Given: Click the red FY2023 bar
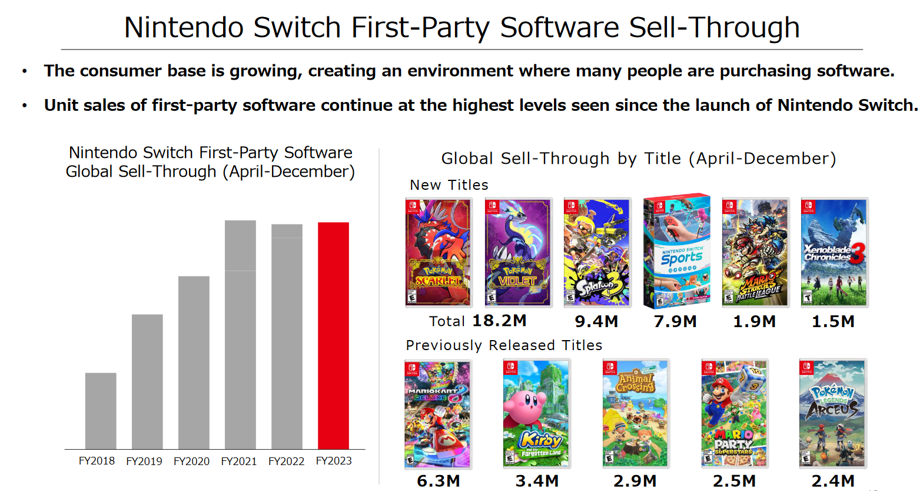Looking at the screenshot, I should tap(333, 335).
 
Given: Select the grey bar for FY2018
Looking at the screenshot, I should tap(101, 411).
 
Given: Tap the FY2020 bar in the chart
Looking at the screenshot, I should tap(194, 363).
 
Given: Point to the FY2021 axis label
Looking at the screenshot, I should tap(238, 461).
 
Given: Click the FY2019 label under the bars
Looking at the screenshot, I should tap(144, 461).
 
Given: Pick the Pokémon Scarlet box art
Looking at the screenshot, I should tap(439, 252).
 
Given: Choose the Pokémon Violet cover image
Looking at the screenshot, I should tap(518, 252).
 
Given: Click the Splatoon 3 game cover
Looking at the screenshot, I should tap(597, 252).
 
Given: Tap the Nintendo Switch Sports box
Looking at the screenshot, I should tap(676, 251).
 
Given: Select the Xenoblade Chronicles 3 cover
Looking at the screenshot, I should tap(834, 252).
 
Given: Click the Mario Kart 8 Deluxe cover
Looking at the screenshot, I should tap(438, 414).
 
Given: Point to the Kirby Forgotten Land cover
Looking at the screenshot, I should tap(537, 414).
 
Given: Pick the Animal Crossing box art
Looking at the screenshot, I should tap(636, 414).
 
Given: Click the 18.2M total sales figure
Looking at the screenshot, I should tap(499, 321).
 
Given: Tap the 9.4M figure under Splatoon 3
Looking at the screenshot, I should tap(596, 321).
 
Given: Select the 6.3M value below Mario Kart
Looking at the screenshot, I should tap(439, 481).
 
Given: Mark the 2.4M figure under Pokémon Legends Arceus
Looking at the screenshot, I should tap(833, 481).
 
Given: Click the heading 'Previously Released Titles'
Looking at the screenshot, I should tap(504, 345).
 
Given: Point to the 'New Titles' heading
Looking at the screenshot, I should tap(449, 185).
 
